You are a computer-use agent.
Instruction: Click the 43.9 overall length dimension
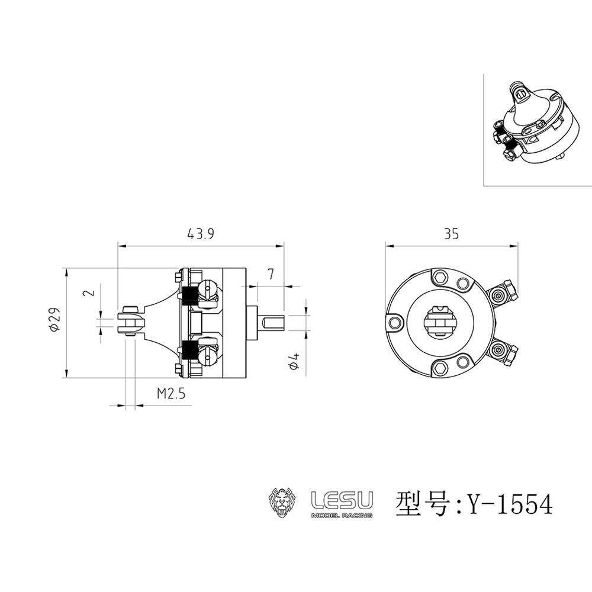pyautogui.click(x=200, y=234)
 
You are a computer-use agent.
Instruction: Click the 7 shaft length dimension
pyautogui.click(x=271, y=274)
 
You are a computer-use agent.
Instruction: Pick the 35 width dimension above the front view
pyautogui.click(x=451, y=234)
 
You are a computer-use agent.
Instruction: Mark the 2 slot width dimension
pyautogui.click(x=88, y=293)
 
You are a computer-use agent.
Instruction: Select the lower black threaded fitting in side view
pyautogui.click(x=190, y=350)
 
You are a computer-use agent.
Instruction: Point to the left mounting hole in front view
pyautogui.click(x=395, y=322)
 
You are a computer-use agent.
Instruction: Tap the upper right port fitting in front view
pyautogui.click(x=504, y=293)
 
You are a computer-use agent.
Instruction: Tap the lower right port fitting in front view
pyautogui.click(x=504, y=353)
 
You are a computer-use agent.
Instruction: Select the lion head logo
pyautogui.click(x=282, y=503)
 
